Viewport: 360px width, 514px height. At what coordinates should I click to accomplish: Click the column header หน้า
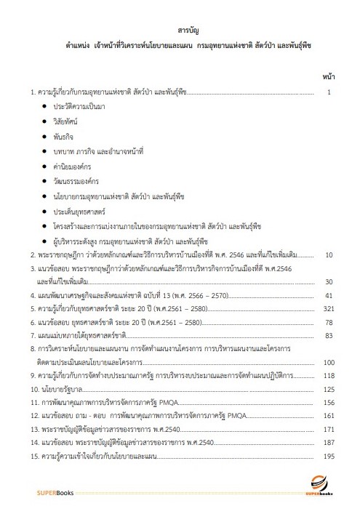tap(327, 76)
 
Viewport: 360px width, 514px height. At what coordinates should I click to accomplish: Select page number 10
tap(329, 256)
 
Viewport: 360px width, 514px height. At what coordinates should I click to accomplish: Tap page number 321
tap(327, 309)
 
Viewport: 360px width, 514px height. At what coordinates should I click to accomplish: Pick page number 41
tap(329, 295)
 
